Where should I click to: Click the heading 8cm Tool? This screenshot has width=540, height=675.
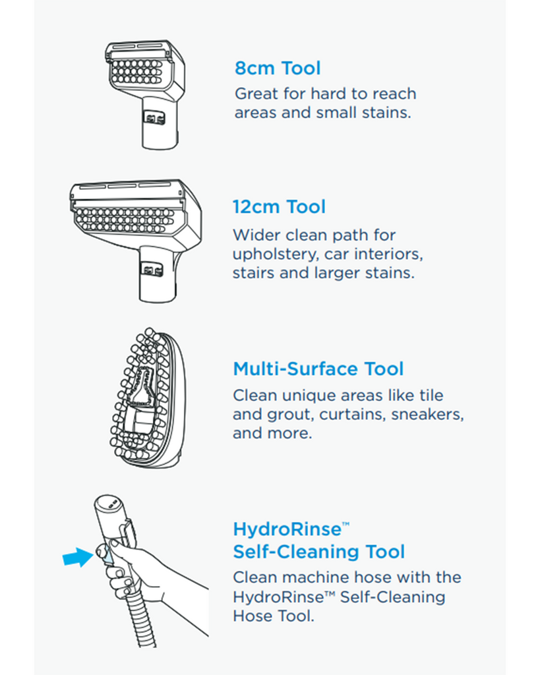point(277,69)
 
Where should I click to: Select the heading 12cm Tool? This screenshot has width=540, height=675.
point(279,207)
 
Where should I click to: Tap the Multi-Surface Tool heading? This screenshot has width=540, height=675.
point(318,369)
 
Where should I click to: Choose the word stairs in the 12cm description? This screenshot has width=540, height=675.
point(253,273)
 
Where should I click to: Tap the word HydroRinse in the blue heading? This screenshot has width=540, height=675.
point(286,529)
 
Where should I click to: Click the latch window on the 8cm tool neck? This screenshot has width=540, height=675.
point(154,117)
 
